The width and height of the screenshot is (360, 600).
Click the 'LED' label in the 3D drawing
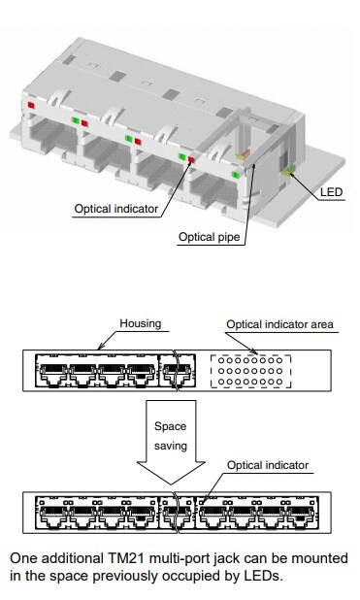click(x=331, y=191)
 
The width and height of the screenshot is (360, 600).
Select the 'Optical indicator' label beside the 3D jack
click(x=116, y=208)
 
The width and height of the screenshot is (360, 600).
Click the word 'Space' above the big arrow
click(x=171, y=425)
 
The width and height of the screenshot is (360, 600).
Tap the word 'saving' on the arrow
click(x=171, y=449)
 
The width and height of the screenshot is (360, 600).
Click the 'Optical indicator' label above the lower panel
click(x=269, y=466)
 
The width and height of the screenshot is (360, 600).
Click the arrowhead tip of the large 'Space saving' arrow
click(x=171, y=483)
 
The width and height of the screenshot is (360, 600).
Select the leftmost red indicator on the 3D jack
click(x=31, y=103)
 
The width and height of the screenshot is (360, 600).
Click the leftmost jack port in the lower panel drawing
click(x=50, y=514)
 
